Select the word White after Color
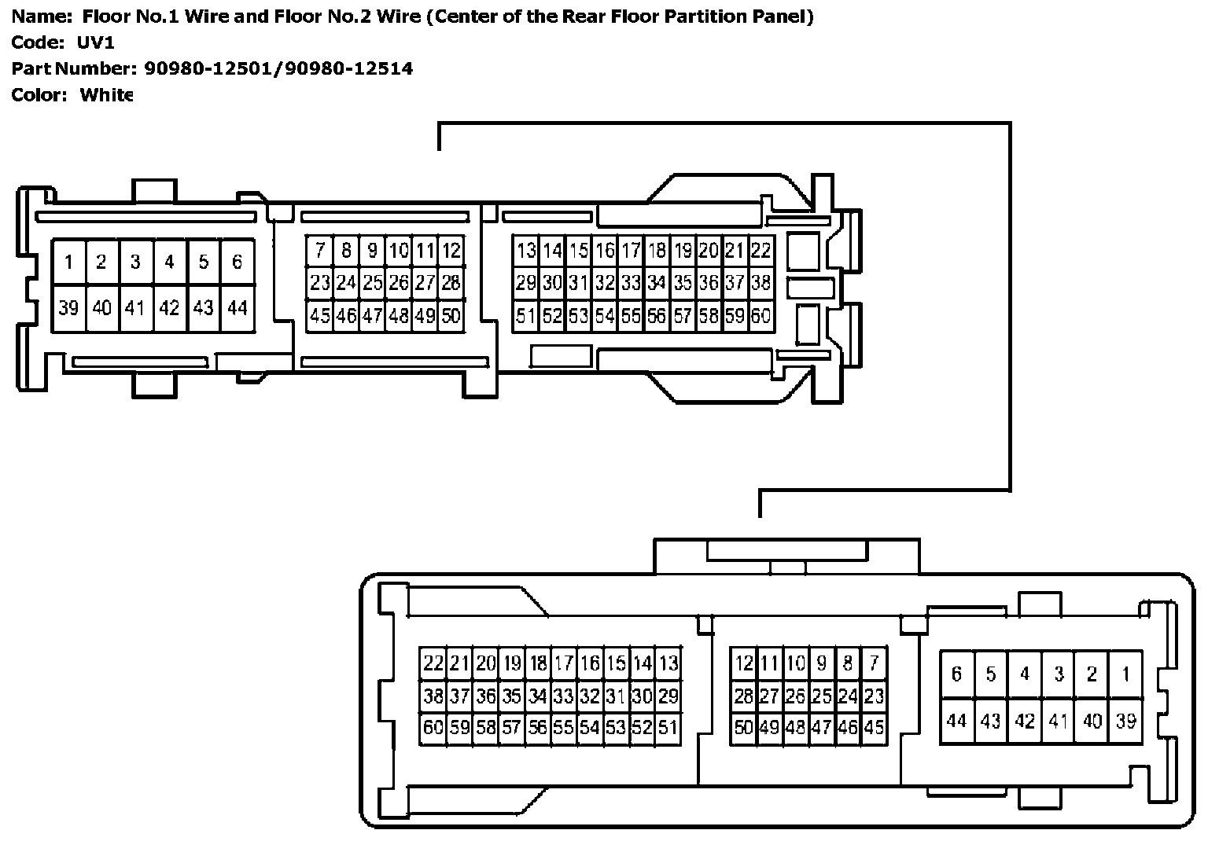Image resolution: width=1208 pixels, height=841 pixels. [x=106, y=95]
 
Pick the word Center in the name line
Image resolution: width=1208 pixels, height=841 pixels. [x=466, y=17]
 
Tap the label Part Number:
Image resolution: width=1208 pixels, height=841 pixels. [x=73, y=68]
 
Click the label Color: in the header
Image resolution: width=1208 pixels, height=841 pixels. [x=39, y=95]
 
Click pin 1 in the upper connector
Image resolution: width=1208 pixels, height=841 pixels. [x=69, y=262]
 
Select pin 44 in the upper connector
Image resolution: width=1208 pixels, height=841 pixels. [x=238, y=308]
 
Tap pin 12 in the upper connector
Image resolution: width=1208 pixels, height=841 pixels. [x=451, y=251]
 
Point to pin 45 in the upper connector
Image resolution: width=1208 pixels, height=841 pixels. [x=320, y=316]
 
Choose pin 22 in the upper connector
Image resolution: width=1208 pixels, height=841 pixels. [x=761, y=251]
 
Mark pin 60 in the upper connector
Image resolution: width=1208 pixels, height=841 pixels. [x=761, y=316]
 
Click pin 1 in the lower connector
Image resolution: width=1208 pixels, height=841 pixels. [x=1125, y=674]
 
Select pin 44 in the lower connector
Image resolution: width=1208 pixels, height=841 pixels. [x=956, y=720]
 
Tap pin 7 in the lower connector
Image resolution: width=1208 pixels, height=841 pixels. [x=873, y=663]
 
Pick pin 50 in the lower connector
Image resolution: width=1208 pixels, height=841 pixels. [x=743, y=727]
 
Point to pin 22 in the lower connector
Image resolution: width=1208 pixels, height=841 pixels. [x=433, y=663]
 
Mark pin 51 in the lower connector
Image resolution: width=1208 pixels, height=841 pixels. [x=668, y=727]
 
